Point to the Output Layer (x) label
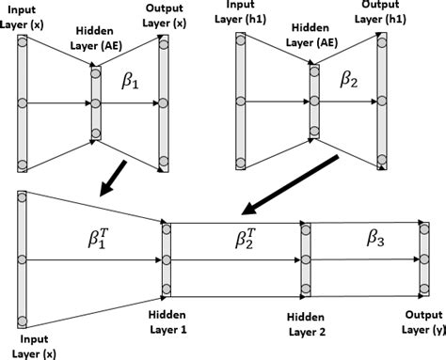coord(166,15)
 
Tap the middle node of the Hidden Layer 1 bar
coord(166,258)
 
